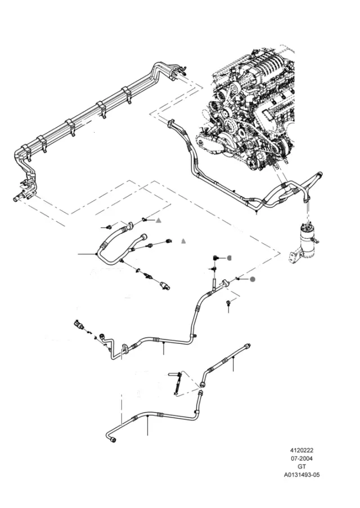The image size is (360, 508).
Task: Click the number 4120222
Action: (x=301, y=450)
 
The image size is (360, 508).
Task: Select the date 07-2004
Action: (x=301, y=459)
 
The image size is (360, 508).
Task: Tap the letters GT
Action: (x=301, y=466)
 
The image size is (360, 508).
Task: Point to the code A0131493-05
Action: (x=301, y=475)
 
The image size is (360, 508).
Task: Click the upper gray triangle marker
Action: (x=159, y=221)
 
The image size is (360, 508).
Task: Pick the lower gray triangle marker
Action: (x=183, y=242)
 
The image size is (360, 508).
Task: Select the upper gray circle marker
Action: (x=229, y=258)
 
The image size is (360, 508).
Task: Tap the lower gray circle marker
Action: (x=253, y=279)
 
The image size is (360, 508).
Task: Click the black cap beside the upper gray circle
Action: (x=215, y=258)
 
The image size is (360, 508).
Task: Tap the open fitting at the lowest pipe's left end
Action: (x=112, y=439)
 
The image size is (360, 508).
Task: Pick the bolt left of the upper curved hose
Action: (x=109, y=226)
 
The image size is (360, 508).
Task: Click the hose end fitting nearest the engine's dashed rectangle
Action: (x=170, y=123)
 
